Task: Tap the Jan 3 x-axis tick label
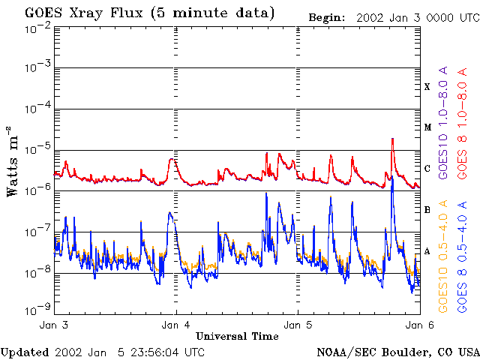pos(54,325)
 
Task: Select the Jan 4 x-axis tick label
pos(176,325)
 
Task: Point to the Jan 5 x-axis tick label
pos(298,325)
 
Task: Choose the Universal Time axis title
pos(236,336)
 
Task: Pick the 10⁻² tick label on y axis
pos(37,28)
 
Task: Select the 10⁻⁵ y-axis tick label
pos(37,149)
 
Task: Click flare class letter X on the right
pos(427,87)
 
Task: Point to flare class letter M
pos(427,127)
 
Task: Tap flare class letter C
pos(427,169)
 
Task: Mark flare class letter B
pos(427,210)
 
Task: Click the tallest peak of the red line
pos(392,139)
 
